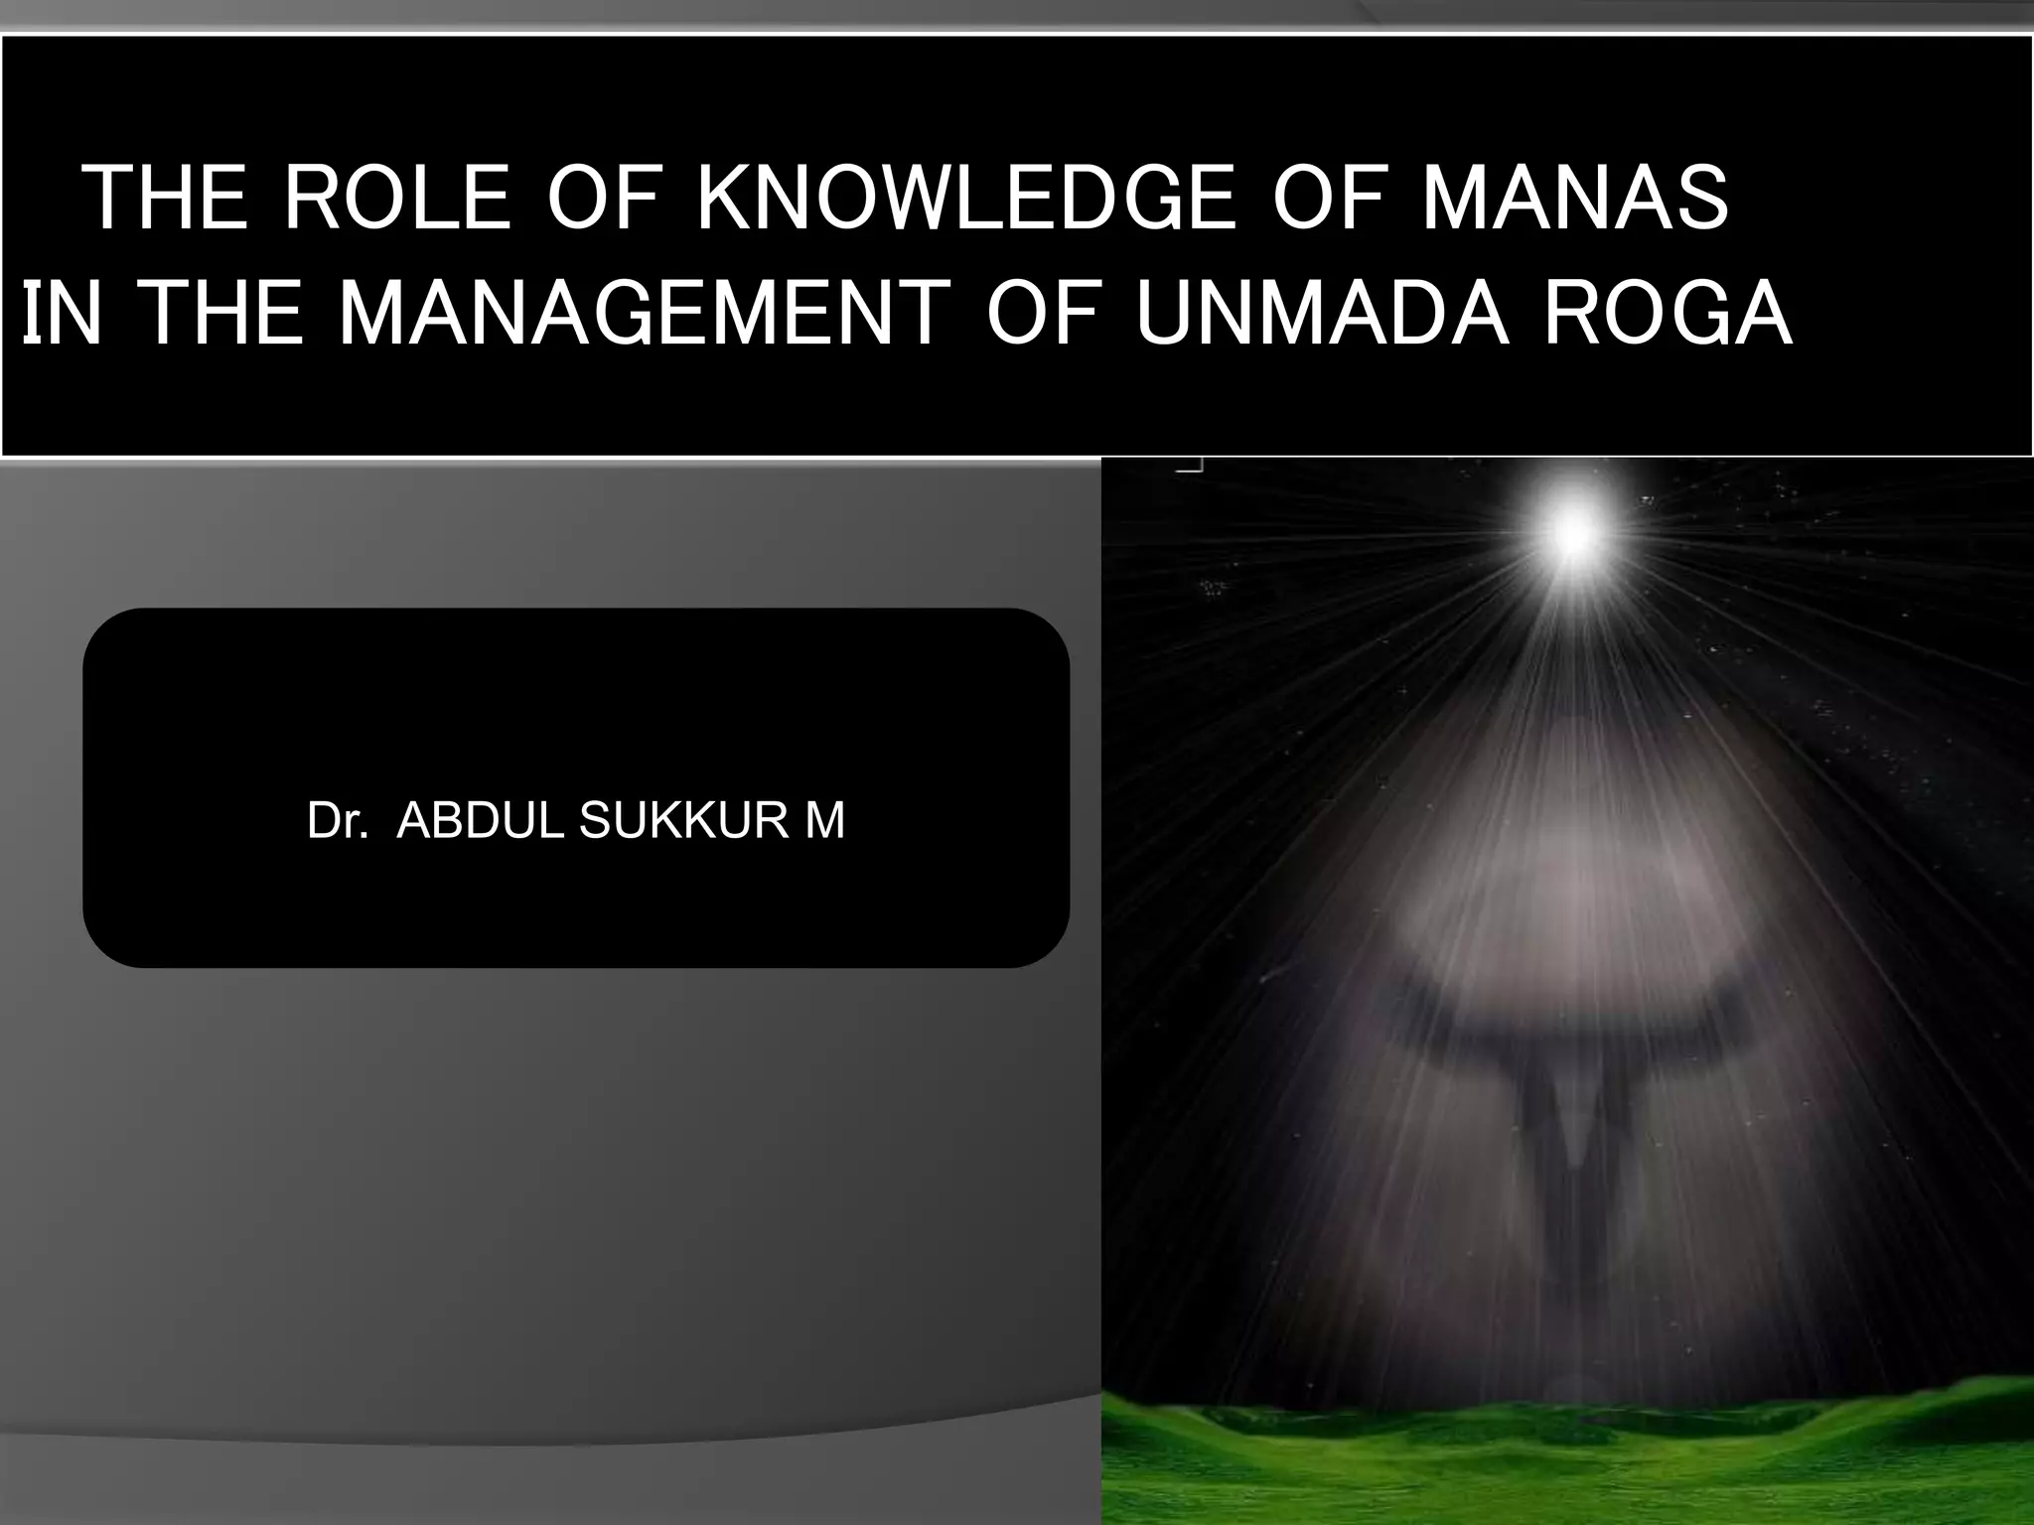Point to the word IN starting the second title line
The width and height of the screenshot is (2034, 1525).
coord(62,315)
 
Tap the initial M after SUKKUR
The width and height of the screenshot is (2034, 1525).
coord(825,821)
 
